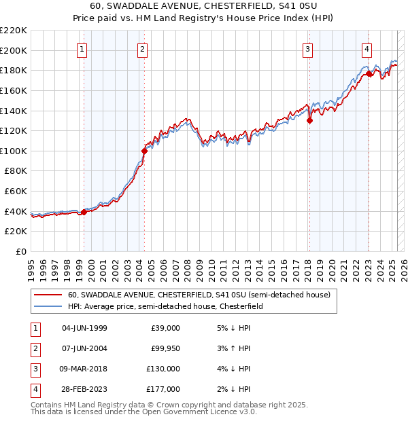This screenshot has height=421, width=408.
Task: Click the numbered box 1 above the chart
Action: click(x=82, y=48)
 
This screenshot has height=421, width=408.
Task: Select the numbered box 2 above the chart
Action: click(x=142, y=48)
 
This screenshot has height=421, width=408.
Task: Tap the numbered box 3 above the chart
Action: click(x=307, y=48)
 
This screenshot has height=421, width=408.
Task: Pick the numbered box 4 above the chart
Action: click(x=367, y=48)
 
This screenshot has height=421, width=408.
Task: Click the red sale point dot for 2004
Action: click(x=145, y=151)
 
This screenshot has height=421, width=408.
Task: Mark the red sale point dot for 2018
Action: click(x=309, y=121)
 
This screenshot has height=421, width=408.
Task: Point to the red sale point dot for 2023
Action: click(x=369, y=73)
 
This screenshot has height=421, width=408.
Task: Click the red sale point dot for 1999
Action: click(x=84, y=212)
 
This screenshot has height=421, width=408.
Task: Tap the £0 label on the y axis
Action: click(x=20, y=251)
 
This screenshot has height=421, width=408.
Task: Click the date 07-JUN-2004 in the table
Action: click(x=84, y=348)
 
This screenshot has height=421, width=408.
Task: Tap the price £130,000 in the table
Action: click(x=163, y=369)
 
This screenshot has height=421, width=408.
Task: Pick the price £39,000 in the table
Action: click(x=165, y=328)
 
